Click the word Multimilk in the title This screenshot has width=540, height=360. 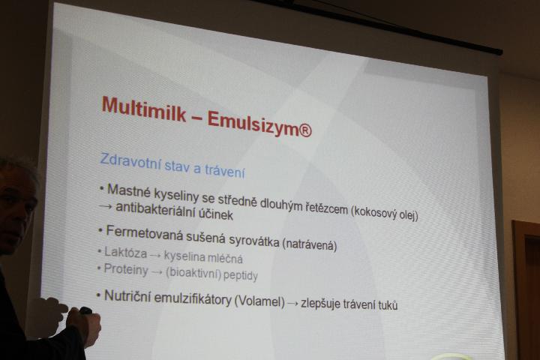click(x=144, y=109)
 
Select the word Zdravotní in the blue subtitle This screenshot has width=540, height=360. click(x=130, y=161)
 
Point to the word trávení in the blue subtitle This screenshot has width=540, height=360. click(x=224, y=170)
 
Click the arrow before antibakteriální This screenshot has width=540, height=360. click(x=105, y=207)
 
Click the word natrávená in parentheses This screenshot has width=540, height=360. click(x=309, y=245)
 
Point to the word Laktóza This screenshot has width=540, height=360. click(x=126, y=253)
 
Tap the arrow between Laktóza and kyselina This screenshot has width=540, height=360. click(x=156, y=255)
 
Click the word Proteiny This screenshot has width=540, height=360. click(x=126, y=269)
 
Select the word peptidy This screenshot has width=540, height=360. click(x=241, y=275)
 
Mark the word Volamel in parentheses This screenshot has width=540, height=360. click(x=259, y=301)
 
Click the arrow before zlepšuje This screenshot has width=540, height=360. click(x=292, y=304)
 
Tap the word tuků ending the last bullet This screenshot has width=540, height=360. click(x=388, y=305)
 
